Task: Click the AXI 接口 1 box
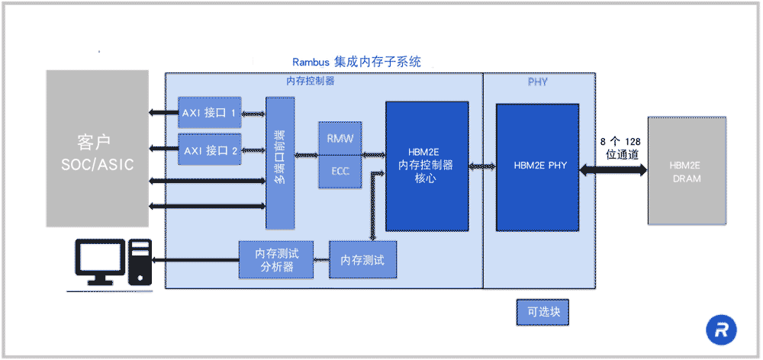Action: coord(209,113)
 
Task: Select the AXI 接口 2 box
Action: coord(209,150)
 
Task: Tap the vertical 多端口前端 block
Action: coord(280,162)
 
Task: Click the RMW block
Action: coord(340,138)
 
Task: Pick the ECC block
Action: coord(340,172)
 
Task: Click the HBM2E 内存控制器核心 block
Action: coord(427,166)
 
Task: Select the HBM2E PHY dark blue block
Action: coord(537,166)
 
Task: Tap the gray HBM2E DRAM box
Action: coord(686,171)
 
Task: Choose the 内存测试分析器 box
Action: coord(276,261)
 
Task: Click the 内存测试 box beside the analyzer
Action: coord(362,261)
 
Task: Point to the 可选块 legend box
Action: coord(542,312)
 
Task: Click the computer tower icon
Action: coord(140,262)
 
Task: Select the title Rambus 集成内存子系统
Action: coord(357,62)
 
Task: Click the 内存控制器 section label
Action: coord(310,81)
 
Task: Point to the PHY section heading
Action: coord(538,82)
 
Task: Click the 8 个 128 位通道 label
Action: coord(621,149)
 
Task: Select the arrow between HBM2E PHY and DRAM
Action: coord(613,172)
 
